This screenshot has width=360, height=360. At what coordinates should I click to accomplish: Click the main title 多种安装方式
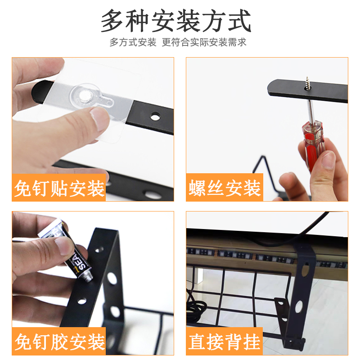coord(175,21)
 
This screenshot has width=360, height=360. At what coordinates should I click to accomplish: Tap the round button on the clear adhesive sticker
coord(85,96)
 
